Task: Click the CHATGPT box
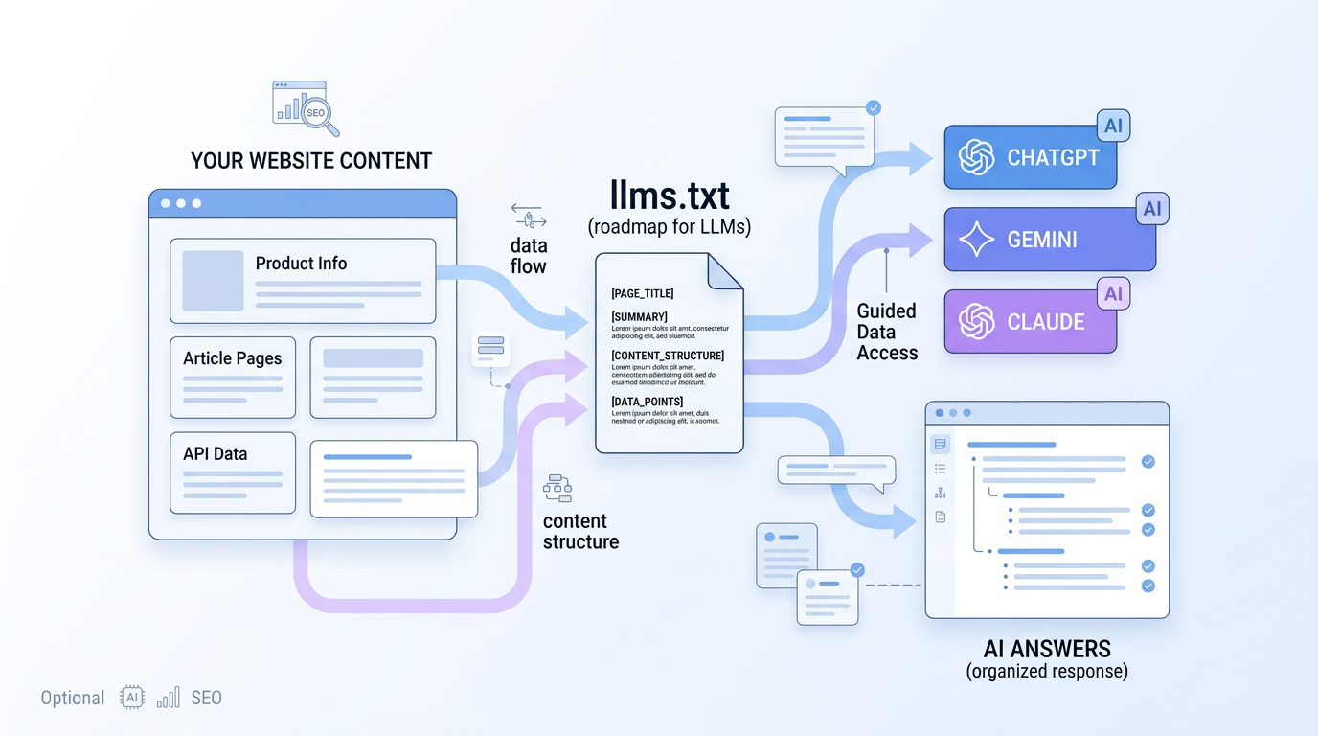1030,157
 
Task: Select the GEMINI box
1049,240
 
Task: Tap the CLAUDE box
1030,322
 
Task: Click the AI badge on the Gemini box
1152,209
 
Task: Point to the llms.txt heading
670,195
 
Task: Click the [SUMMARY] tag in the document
639,317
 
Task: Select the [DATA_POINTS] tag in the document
647,402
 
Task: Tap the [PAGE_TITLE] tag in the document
642,293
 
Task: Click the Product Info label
301,264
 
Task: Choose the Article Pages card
233,377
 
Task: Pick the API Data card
233,472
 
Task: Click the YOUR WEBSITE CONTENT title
311,161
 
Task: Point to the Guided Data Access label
887,332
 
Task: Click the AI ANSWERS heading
1047,649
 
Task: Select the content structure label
580,532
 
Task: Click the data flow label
528,256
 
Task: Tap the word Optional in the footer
73,698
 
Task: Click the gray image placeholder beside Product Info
213,281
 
